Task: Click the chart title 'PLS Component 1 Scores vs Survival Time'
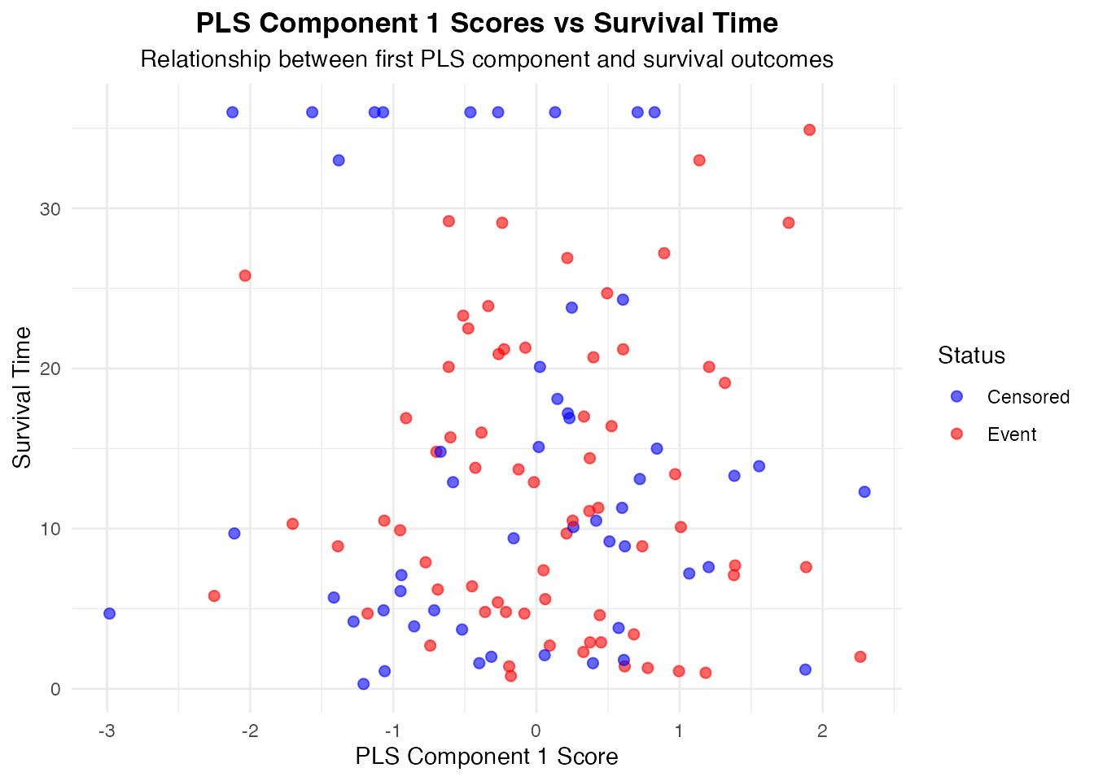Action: (487, 24)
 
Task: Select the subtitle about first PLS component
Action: (487, 59)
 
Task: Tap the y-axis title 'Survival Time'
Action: (23, 397)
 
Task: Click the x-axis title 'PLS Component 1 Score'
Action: (487, 757)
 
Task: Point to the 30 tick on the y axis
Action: (51, 209)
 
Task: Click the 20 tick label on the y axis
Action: (51, 369)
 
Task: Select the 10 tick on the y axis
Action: (51, 529)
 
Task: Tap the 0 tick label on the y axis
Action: (56, 689)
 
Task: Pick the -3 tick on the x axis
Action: (106, 730)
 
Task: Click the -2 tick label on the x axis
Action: (249, 730)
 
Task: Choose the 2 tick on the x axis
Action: (822, 730)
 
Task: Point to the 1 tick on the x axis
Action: (679, 730)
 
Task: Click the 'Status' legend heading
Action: (971, 356)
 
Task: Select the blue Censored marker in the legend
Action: (956, 396)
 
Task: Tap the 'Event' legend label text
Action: (1012, 434)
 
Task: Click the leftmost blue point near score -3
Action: (109, 613)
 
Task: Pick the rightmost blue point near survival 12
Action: (864, 491)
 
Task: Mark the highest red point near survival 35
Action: (809, 129)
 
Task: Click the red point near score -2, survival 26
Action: (245, 276)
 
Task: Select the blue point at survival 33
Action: (339, 160)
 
